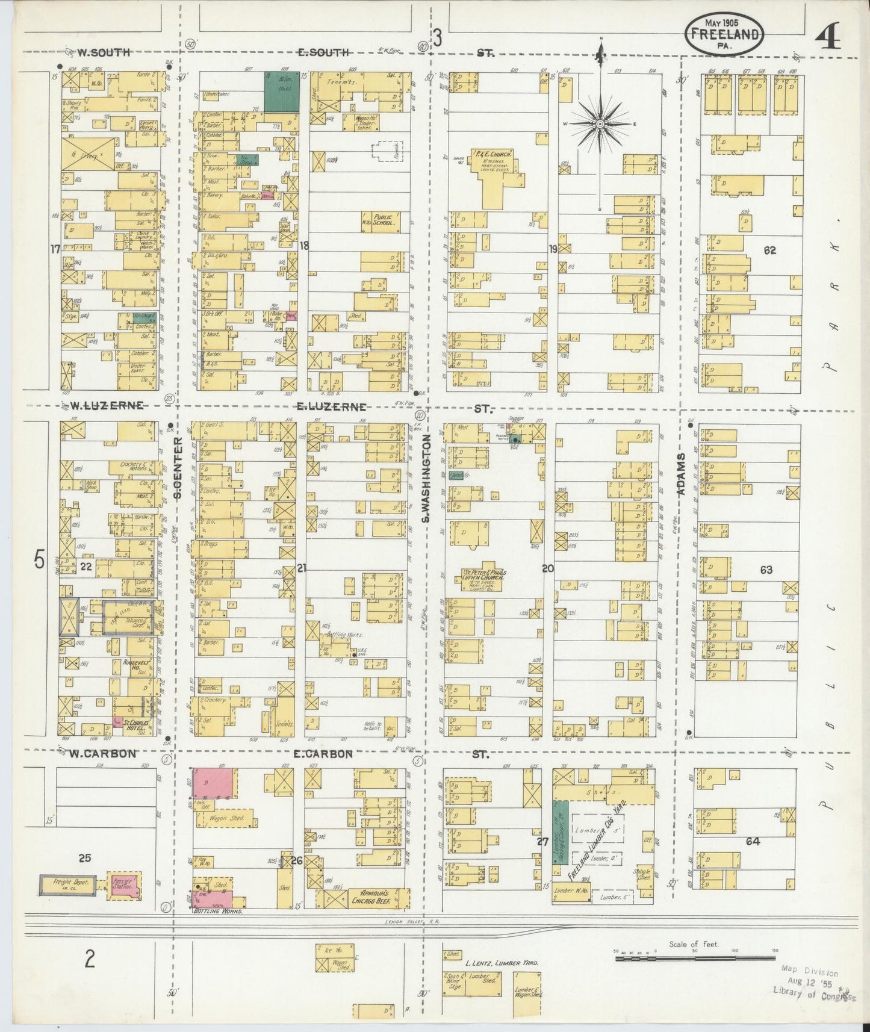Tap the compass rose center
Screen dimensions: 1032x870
[600, 124]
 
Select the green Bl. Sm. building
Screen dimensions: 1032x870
[282, 92]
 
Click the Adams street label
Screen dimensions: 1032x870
[682, 474]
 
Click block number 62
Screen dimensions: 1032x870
[769, 250]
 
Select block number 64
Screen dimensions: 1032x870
[753, 841]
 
